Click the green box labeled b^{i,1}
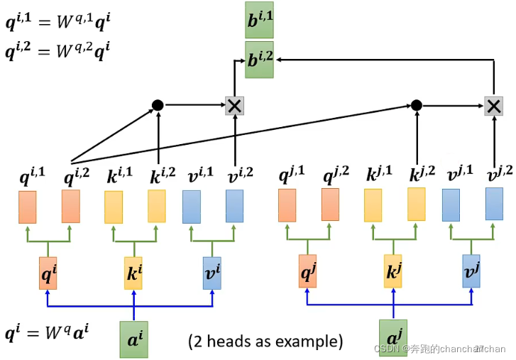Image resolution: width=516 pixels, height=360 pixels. click(259, 20)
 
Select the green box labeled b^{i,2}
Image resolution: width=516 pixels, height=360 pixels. click(259, 60)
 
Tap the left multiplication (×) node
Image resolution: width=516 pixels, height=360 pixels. click(234, 106)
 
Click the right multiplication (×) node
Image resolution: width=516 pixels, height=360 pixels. click(493, 106)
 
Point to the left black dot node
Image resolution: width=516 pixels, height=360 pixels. click(158, 105)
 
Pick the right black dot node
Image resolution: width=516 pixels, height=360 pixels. click(417, 105)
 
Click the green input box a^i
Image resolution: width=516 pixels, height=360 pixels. click(134, 339)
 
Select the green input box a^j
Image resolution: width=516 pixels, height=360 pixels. click(393, 337)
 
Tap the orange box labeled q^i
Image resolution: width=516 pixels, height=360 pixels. click(48, 273)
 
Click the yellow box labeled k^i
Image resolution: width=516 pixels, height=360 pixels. click(133, 273)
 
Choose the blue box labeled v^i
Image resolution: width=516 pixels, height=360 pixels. click(212, 273)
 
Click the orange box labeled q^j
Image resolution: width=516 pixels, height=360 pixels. click(308, 271)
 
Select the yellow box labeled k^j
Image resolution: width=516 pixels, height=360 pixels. click(393, 271)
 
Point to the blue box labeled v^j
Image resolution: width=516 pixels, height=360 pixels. click(471, 271)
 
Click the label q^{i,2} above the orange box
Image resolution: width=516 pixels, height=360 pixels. click(77, 177)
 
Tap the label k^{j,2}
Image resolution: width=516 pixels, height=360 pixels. click(422, 173)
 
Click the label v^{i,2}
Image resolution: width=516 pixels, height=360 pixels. click(241, 175)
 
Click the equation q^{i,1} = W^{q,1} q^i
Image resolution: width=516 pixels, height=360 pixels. click(58, 21)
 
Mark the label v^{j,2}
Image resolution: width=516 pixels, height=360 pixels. click(500, 173)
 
